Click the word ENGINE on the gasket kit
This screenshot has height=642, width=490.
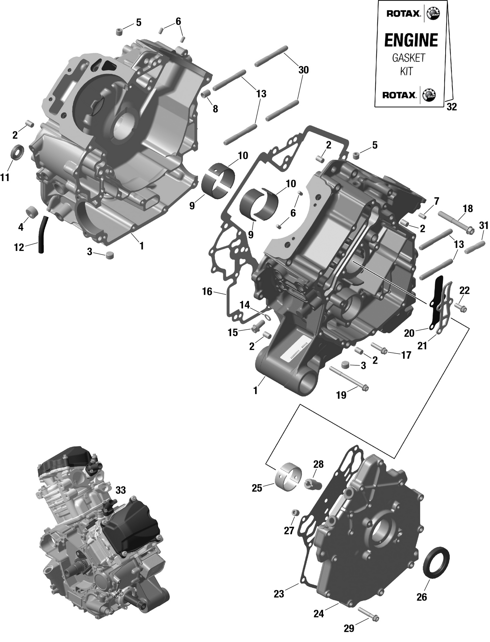pyautogui.click(x=411, y=41)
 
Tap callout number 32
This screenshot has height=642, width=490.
pyautogui.click(x=451, y=107)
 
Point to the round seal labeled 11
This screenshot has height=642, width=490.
pyautogui.click(x=18, y=152)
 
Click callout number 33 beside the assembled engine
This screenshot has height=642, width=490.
pyautogui.click(x=121, y=490)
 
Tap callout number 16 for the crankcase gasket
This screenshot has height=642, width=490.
pyautogui.click(x=207, y=291)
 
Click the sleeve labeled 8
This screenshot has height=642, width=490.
pyautogui.click(x=205, y=94)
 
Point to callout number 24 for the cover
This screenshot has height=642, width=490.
pyautogui.click(x=318, y=614)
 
